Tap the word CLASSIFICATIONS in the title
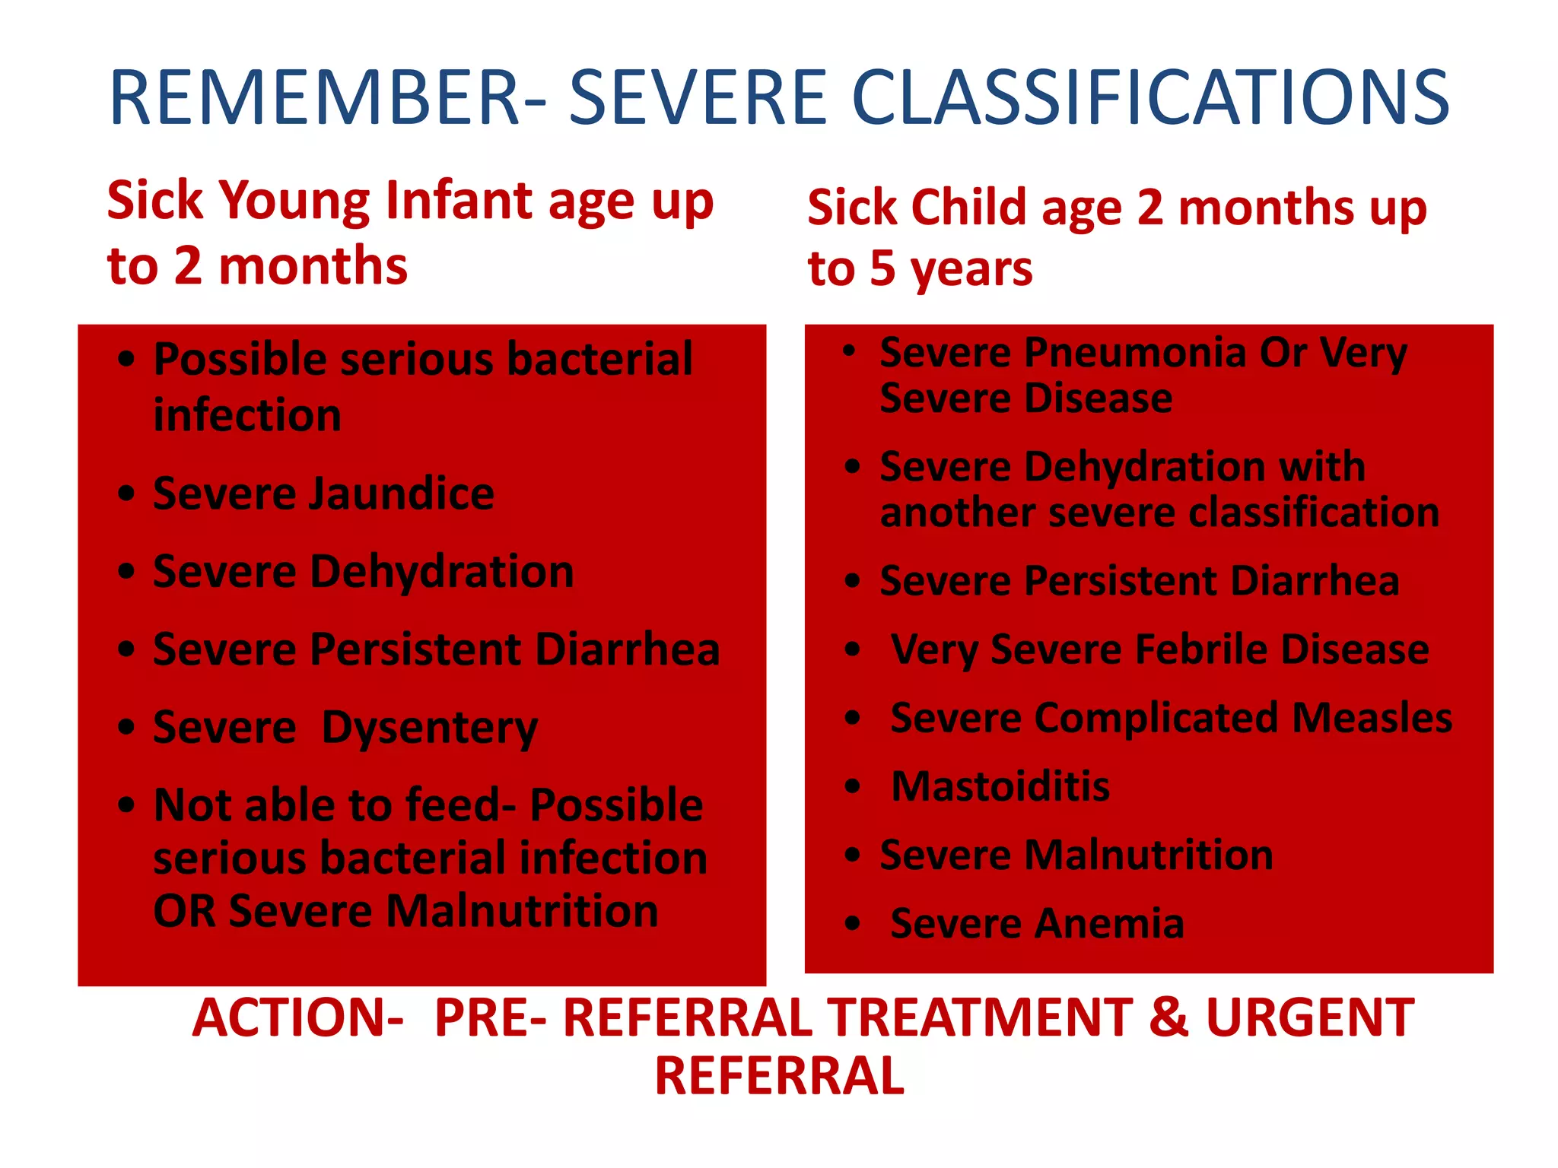tap(1150, 99)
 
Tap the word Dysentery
tap(429, 728)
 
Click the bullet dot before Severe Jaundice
tap(126, 494)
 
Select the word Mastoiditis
tap(1000, 786)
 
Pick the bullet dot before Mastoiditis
tap(852, 786)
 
